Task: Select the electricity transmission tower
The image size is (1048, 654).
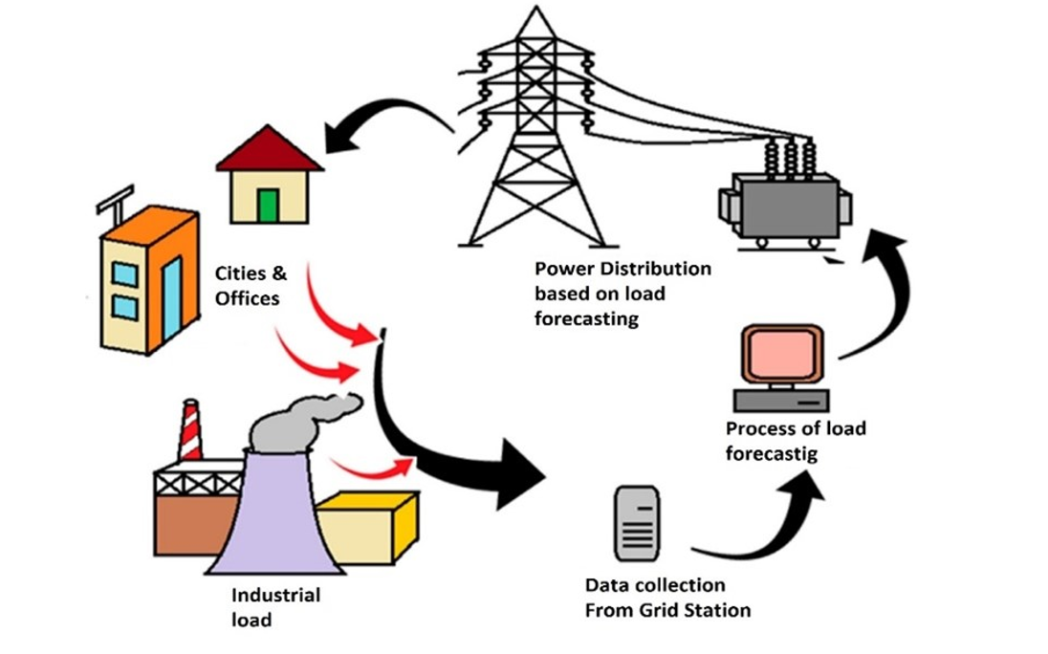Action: pyautogui.click(x=528, y=134)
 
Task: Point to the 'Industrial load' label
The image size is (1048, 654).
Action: pyautogui.click(x=274, y=606)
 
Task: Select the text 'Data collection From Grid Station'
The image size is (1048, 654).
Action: pyautogui.click(x=666, y=597)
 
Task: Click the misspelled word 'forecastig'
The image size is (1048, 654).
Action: pyautogui.click(x=771, y=454)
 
